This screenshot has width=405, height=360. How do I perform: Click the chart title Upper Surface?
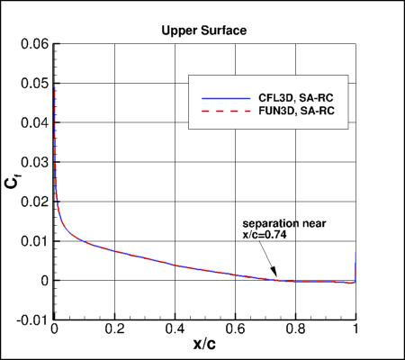202,30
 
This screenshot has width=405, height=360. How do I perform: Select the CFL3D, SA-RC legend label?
286,93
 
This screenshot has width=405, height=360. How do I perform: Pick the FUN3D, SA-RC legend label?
287,111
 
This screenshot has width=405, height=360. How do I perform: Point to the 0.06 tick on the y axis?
34,44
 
